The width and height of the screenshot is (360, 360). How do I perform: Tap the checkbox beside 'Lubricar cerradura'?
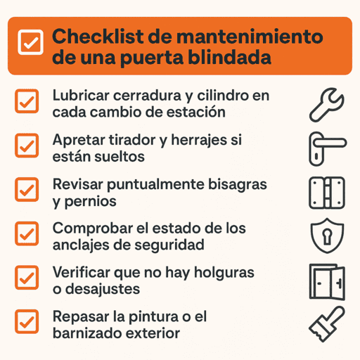tap(27, 103)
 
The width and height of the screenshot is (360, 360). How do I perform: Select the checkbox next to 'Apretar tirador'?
tap(27, 146)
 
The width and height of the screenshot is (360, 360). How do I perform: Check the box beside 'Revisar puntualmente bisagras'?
tap(27, 189)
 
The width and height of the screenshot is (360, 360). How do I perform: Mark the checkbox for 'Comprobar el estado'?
tap(27, 233)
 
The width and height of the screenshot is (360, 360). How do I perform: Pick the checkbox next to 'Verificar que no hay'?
tap(27, 277)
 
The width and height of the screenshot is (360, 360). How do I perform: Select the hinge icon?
tap(327, 192)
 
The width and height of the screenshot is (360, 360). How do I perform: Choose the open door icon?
tap(327, 281)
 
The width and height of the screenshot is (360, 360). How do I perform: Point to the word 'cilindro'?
tap(223, 96)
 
